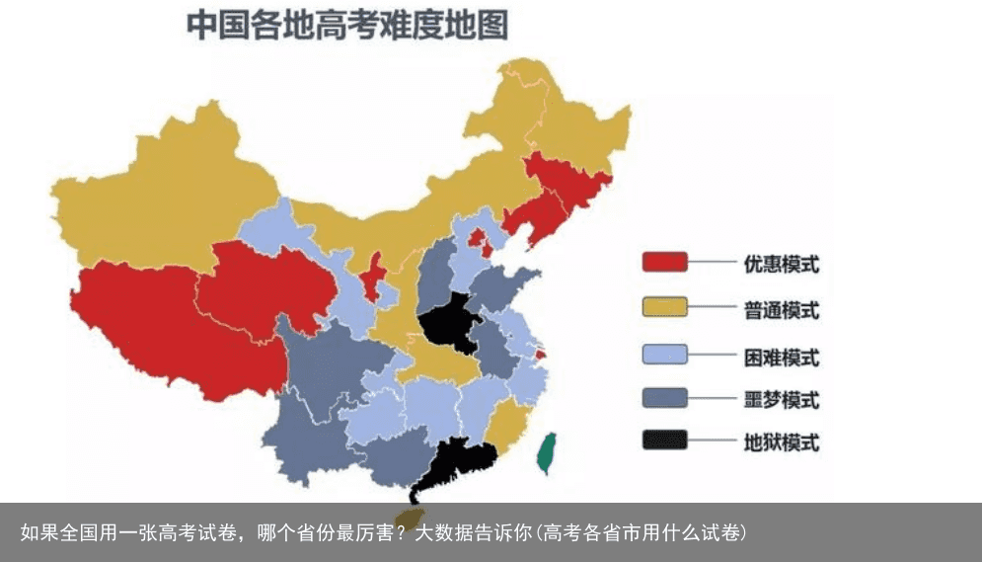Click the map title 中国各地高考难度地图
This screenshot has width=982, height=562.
coord(347,26)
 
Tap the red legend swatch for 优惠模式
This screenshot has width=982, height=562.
coord(664,263)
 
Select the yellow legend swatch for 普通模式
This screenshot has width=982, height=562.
coord(664,309)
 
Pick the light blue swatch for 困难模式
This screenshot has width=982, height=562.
coord(664,355)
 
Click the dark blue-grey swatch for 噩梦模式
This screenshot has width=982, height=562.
coord(664,398)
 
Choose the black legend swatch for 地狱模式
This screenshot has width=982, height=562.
coord(664,442)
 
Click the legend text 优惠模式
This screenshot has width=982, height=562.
coord(781,264)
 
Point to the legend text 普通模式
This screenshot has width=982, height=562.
coord(781,310)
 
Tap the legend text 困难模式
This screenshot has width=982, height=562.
coord(781,356)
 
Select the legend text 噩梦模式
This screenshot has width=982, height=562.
coord(781,399)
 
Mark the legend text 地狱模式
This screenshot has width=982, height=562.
coord(781,442)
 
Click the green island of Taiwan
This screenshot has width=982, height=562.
coord(546,452)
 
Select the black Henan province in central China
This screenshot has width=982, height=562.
coord(449,321)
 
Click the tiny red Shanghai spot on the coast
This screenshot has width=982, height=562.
coord(539,354)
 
